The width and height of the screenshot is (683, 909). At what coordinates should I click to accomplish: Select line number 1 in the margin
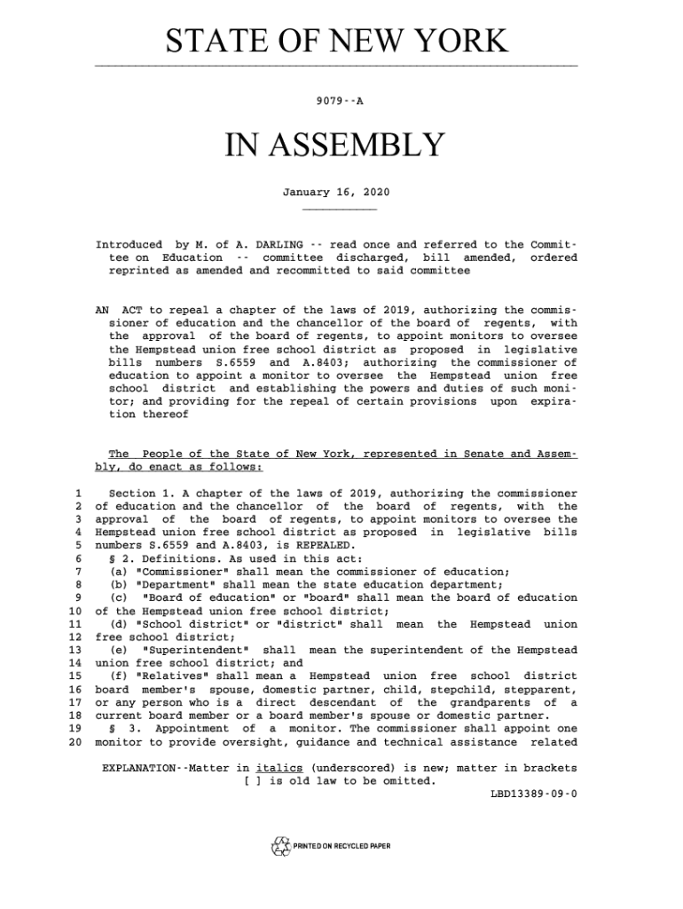point(79,494)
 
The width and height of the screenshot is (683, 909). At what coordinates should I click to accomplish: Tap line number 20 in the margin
point(75,742)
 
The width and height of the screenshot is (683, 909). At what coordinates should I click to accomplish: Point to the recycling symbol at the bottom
point(280,846)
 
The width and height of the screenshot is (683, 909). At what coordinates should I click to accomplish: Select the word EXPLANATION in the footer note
point(142,768)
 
